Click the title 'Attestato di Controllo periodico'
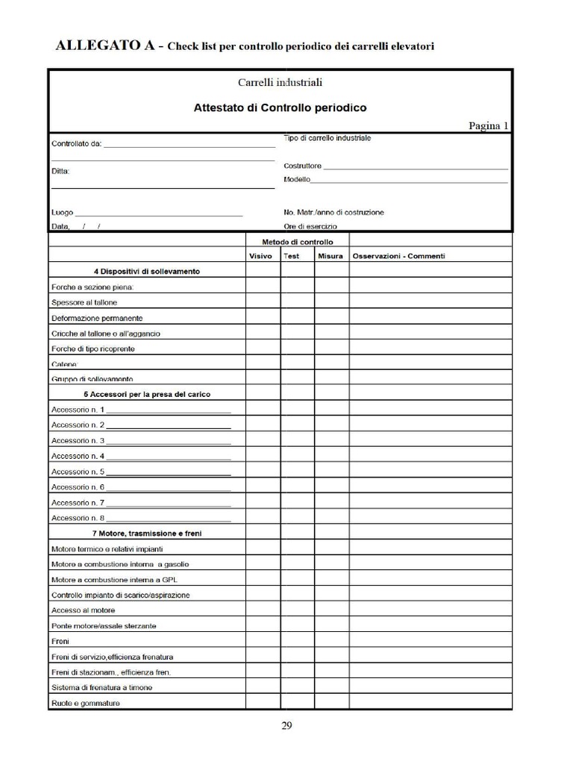tap(280, 107)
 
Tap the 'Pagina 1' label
tap(488, 125)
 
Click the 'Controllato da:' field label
tap(76, 144)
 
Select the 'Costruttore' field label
tap(303, 166)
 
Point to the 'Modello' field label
tap(297, 180)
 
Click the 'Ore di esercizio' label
tap(310, 226)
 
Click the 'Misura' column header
tap(331, 256)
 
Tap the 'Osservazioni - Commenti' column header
tap(398, 256)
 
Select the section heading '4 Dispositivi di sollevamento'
tap(147, 272)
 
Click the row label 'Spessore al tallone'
tap(84, 302)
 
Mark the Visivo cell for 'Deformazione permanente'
tap(263, 318)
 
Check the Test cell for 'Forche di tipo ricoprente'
tap(297, 348)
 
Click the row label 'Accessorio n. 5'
tap(78, 472)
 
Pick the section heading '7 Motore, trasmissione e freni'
tap(147, 533)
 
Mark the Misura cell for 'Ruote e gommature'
tap(331, 703)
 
